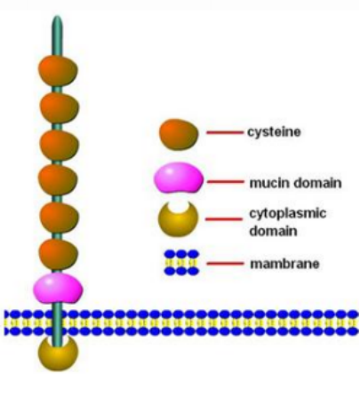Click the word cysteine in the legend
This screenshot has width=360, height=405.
274,132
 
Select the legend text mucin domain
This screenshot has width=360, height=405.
295,183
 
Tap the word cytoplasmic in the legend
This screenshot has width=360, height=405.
288,214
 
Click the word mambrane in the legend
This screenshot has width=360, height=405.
284,264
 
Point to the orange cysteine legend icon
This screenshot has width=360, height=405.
179,134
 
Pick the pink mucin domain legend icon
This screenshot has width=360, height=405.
179,178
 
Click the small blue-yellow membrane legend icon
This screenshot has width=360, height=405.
181,263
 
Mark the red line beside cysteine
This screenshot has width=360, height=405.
225,132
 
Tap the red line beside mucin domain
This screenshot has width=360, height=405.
226,181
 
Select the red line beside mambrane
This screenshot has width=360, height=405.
225,263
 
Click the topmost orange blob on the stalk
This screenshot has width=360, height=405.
58,70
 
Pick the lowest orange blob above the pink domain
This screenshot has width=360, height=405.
59,254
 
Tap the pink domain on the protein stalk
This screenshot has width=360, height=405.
58,289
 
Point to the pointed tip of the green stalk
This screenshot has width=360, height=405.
57,16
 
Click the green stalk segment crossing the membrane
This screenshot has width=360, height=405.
57,322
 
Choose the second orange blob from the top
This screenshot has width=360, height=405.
60,107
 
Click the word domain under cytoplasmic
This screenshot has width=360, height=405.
273,231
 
